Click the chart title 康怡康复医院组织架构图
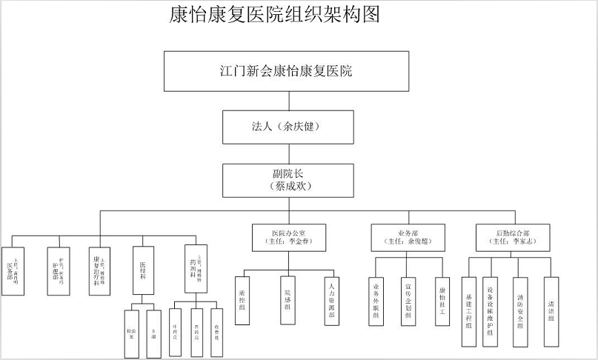274,16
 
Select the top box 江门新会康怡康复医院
286,72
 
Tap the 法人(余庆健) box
286,127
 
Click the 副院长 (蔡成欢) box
286,181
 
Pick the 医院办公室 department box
286,236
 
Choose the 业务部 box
408,236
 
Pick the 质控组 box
242,300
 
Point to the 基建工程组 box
468,311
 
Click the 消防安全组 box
521,311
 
